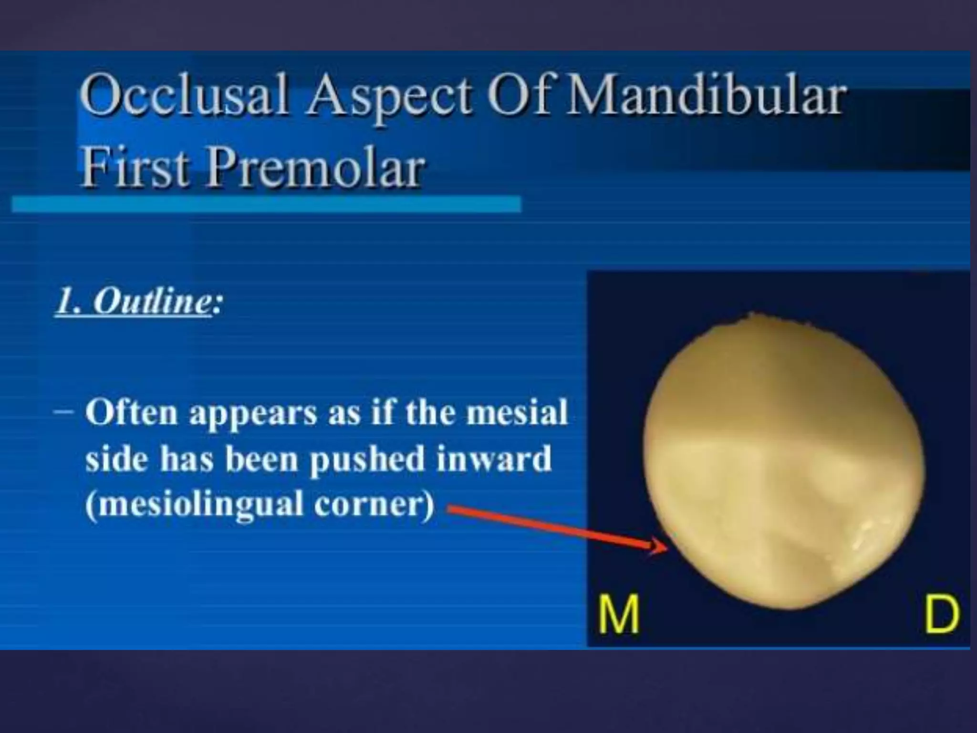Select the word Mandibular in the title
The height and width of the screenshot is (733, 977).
point(705,98)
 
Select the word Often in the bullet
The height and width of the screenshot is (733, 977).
point(132,412)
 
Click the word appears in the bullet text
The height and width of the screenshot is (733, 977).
point(253,414)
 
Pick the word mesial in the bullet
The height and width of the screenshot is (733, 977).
point(517,412)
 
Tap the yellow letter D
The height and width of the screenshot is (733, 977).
point(941,614)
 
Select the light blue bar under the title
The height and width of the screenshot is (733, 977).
point(266,204)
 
